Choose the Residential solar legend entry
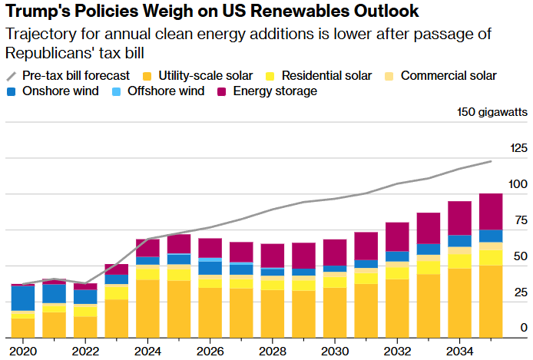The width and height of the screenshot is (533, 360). pyautogui.click(x=318, y=75)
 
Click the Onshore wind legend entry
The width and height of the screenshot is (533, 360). pyautogui.click(x=54, y=91)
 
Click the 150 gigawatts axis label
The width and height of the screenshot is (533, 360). pyautogui.click(x=492, y=112)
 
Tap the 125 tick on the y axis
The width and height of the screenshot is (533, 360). pyautogui.click(x=519, y=148)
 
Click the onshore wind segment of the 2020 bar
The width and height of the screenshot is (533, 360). pyautogui.click(x=23, y=298)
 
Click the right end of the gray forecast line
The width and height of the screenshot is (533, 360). pyautogui.click(x=491, y=161)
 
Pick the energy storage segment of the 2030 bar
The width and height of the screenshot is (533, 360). pyautogui.click(x=335, y=253)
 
